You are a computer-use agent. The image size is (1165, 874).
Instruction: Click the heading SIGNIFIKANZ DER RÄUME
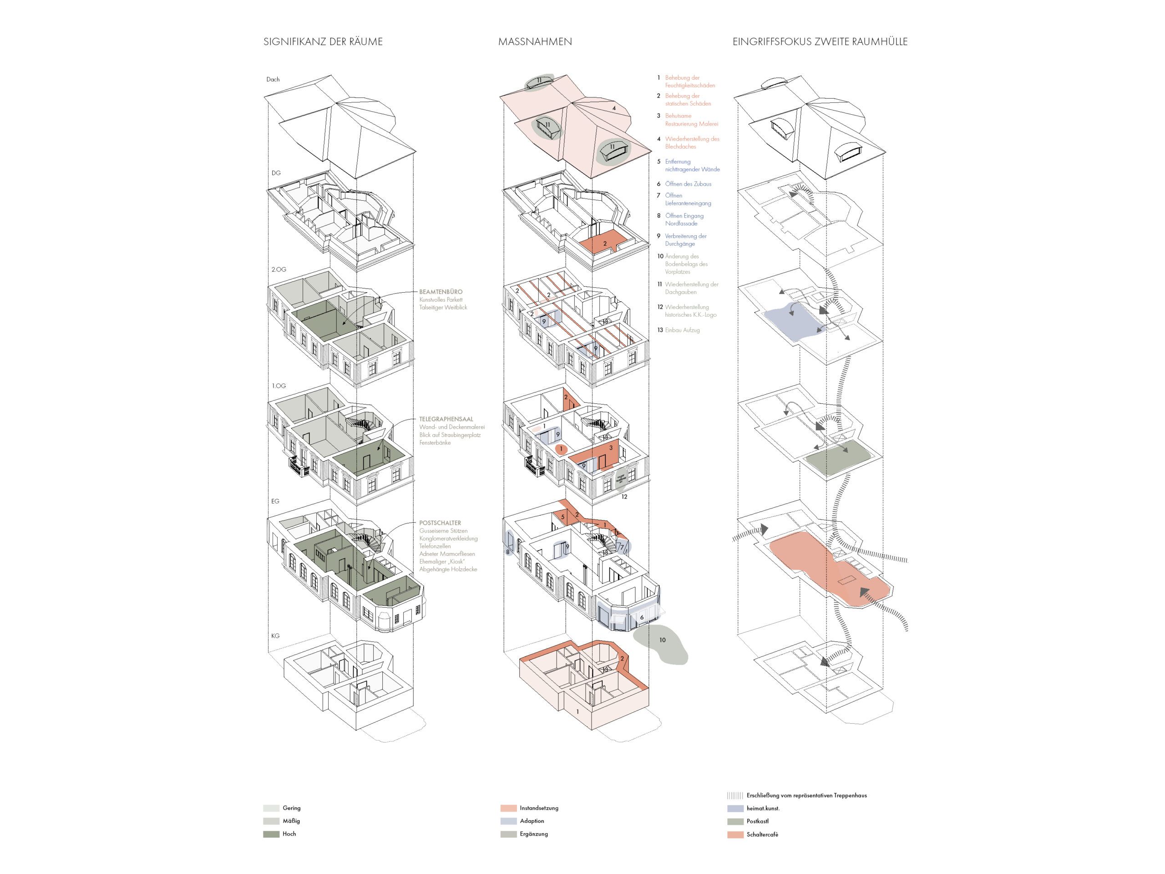[x=323, y=41]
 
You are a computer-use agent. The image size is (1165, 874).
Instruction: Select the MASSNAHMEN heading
[x=535, y=41]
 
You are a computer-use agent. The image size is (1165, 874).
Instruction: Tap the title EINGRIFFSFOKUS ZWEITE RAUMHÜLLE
[x=820, y=41]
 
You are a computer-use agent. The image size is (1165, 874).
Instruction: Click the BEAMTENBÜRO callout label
[x=441, y=291]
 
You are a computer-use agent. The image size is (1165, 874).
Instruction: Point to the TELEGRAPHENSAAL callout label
[x=446, y=419]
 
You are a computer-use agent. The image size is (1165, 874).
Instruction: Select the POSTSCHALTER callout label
[x=440, y=523]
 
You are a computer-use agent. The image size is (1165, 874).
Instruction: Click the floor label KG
[x=275, y=636]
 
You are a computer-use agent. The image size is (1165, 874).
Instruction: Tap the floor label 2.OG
[x=279, y=269]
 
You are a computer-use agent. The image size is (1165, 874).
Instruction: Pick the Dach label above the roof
[x=273, y=80]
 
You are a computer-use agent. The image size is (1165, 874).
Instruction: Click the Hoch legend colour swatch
[x=271, y=834]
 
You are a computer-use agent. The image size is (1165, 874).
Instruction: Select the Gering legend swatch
[x=271, y=808]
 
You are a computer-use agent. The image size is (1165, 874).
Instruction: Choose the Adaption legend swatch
[x=508, y=821]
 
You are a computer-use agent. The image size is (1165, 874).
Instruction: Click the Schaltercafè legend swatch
[x=735, y=834]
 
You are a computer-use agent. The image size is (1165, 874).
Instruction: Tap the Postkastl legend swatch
[x=735, y=821]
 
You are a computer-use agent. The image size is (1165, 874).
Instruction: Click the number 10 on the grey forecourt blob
[x=662, y=640]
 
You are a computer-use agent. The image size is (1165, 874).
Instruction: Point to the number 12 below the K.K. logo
[x=624, y=496]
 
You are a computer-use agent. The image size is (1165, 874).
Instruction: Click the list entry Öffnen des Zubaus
[x=688, y=184]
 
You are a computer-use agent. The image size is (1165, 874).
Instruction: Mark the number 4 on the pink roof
[x=613, y=108]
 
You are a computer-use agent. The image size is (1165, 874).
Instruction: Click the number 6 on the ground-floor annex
[x=642, y=617]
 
